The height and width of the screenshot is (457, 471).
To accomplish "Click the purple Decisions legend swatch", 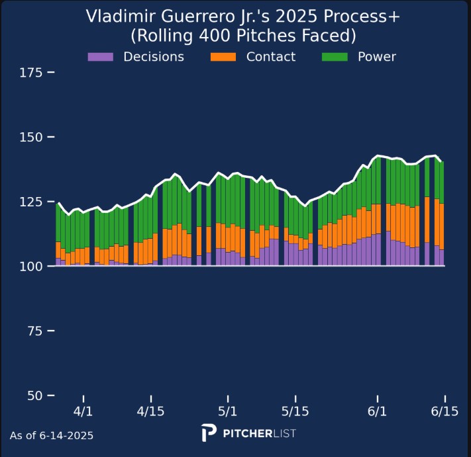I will (x=101, y=57).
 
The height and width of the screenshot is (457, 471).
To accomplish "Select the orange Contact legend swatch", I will (x=224, y=57).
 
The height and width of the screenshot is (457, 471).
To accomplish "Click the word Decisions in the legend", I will (x=154, y=57).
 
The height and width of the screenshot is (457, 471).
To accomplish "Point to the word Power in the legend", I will (x=376, y=57).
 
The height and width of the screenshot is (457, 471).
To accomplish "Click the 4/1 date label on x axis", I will (x=84, y=411).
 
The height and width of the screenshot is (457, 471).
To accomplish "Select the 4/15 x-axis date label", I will (x=152, y=411).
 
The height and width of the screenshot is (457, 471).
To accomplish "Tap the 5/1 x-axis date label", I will (x=228, y=411).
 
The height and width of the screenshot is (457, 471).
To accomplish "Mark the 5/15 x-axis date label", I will (x=295, y=411).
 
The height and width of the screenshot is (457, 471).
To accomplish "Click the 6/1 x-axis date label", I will (x=377, y=411).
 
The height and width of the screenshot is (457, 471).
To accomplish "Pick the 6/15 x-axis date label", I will (x=445, y=411).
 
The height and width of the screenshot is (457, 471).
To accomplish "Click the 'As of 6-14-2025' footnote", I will (x=52, y=436).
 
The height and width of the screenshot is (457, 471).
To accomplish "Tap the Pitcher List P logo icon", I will (x=209, y=433).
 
